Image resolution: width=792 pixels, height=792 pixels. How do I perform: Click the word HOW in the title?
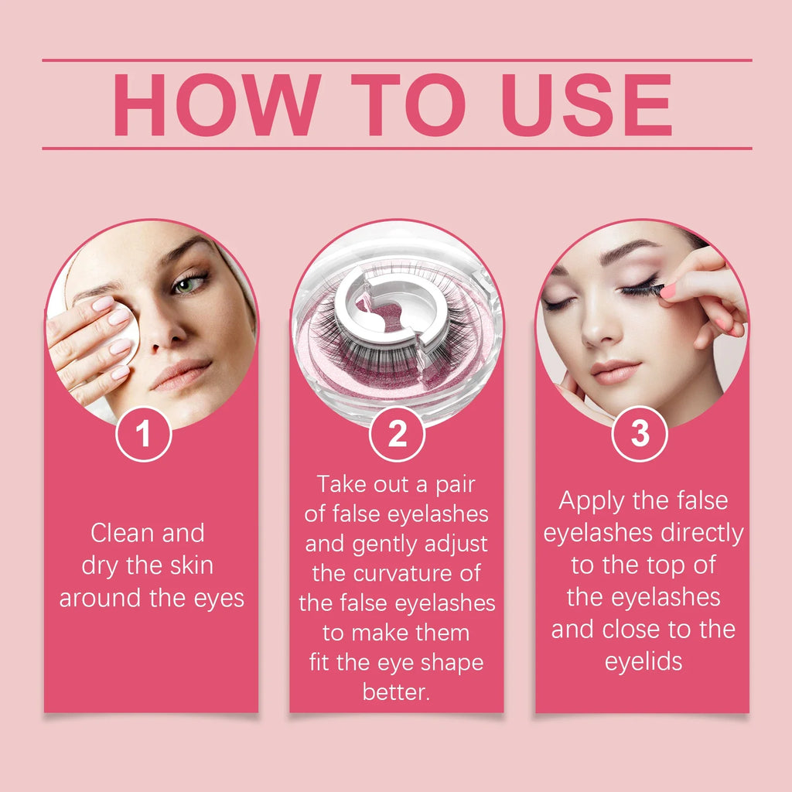(x=215, y=105)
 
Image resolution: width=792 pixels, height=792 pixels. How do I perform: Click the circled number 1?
(x=143, y=434)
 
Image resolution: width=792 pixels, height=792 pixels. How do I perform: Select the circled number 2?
(x=397, y=434)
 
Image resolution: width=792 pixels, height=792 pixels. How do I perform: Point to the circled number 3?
(x=640, y=434)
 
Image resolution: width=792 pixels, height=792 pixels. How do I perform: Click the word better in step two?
(x=395, y=692)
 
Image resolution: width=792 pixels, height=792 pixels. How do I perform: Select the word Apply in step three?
(x=592, y=500)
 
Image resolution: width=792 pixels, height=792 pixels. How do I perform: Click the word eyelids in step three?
(x=643, y=661)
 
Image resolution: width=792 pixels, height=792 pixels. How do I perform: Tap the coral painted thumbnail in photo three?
(x=667, y=292)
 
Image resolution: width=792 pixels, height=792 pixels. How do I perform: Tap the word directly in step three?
(x=702, y=533)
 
